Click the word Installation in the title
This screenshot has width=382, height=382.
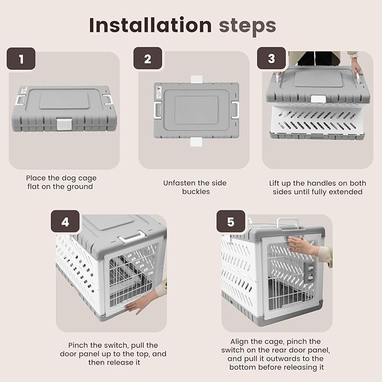(150, 25)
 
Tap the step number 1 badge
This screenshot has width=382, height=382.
(21, 59)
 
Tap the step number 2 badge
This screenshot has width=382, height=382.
(147, 59)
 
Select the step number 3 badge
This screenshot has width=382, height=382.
(272, 59)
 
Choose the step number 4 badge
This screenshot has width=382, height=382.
(65, 222)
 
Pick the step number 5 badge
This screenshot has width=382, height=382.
(231, 222)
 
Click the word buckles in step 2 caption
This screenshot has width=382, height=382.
(195, 191)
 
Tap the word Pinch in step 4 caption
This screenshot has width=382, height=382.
(81, 345)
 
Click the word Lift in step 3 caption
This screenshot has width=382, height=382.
(276, 183)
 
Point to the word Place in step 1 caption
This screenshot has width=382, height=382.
(37, 178)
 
